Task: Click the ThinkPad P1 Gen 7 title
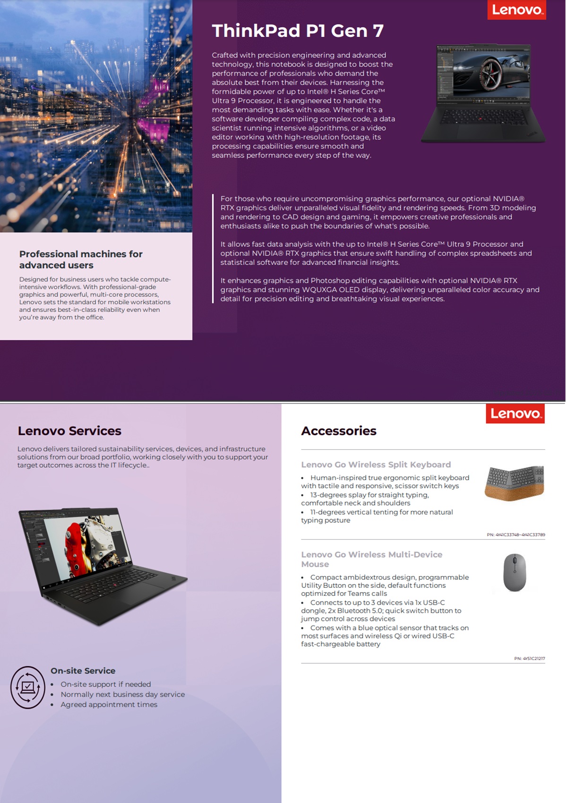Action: (298, 31)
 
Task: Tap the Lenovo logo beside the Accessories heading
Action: (515, 414)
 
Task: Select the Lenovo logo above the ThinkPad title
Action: (516, 10)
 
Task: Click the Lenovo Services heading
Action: (69, 431)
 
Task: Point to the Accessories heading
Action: (339, 431)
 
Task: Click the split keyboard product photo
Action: (515, 483)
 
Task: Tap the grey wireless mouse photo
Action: (515, 572)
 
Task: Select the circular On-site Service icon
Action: (28, 687)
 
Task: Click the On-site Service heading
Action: (83, 670)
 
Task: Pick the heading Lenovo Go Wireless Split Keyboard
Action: (376, 465)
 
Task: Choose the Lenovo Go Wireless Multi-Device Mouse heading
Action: (372, 559)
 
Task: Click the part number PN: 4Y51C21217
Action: (529, 658)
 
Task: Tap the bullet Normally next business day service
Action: (122, 694)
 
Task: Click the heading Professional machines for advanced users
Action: (80, 259)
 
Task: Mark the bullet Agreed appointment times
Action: (109, 704)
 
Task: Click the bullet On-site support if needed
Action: (105, 684)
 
